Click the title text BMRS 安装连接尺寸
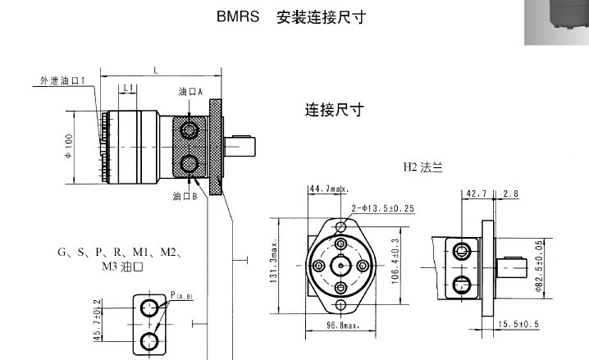[290, 16]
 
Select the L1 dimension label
[128, 87]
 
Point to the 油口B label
[185, 196]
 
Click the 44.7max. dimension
[326, 189]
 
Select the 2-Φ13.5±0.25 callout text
[382, 207]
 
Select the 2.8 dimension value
[510, 194]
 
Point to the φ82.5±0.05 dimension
[539, 266]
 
